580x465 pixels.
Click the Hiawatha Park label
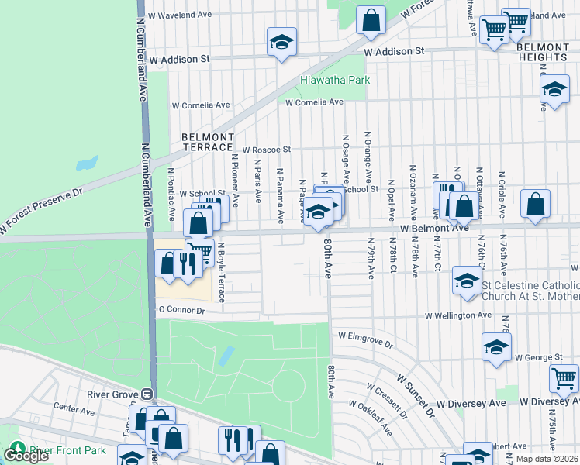pyautogui.click(x=335, y=80)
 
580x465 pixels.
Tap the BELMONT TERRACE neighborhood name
pyautogui.click(x=207, y=142)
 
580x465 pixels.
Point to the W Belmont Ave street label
pyautogui.click(x=435, y=229)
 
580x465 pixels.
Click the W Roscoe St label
pyautogui.click(x=266, y=150)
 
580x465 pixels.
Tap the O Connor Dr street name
pyautogui.click(x=181, y=310)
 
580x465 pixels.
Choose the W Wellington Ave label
pyautogui.click(x=457, y=315)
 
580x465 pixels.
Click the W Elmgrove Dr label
pyautogui.click(x=366, y=338)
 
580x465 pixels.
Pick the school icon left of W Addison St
pyautogui.click(x=282, y=42)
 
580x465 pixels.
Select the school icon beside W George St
pyautogui.click(x=496, y=346)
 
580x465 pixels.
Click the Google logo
pyautogui.click(x=26, y=456)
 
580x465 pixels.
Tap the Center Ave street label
pyautogui.click(x=74, y=406)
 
